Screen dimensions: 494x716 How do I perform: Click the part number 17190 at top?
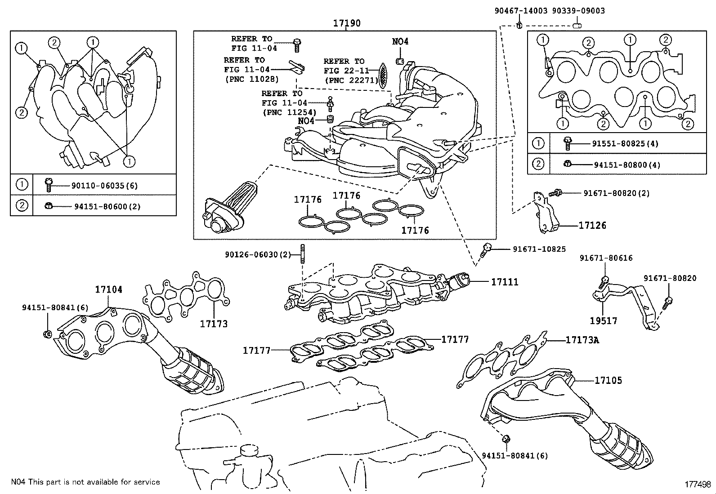coord(346,23)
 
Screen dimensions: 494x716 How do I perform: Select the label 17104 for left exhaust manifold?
coord(108,289)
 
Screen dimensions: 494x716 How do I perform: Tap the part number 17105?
coord(608,380)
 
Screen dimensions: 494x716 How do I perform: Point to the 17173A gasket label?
coord(582,340)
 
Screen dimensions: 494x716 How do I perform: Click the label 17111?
coord(505,282)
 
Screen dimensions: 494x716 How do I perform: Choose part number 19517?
coord(604,321)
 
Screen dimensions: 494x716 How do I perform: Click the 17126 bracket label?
coord(592,225)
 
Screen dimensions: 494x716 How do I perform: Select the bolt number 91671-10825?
coord(539,249)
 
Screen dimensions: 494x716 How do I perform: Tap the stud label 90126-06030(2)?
coord(258,255)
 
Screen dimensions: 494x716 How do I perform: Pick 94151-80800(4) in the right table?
coord(627,165)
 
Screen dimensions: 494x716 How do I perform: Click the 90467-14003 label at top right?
coord(521,11)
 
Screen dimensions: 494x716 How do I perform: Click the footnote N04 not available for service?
coord(85,482)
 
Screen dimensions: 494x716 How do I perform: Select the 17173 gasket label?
coord(214,324)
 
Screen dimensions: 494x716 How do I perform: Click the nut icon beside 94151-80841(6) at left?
coord(47,334)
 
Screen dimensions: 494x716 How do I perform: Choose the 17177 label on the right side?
coord(455,339)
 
